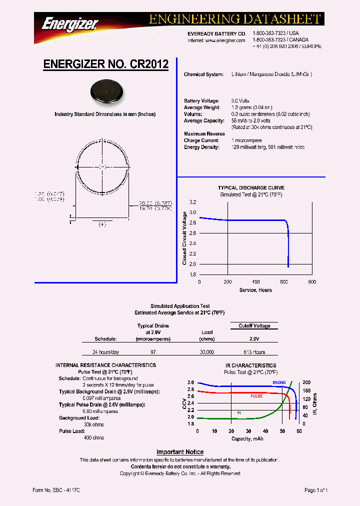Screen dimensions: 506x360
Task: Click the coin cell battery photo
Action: (105, 92)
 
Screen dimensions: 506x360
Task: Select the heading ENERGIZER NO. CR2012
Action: (106, 64)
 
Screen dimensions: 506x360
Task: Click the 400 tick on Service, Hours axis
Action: (256, 282)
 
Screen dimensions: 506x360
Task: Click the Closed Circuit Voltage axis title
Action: (184, 238)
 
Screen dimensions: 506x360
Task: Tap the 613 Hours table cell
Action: (254, 352)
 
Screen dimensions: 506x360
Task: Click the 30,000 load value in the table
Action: (207, 352)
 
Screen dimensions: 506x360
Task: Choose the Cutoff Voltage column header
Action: (254, 326)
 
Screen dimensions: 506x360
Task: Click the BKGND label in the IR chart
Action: (279, 382)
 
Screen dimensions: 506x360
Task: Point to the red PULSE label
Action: (256, 396)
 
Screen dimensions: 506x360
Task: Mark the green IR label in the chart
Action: (238, 412)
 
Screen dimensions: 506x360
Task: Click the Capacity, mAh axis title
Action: (247, 438)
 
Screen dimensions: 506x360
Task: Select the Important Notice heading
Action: (180, 452)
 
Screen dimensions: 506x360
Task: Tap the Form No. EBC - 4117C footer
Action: (56, 490)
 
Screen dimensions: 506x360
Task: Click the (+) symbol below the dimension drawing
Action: (102, 225)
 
